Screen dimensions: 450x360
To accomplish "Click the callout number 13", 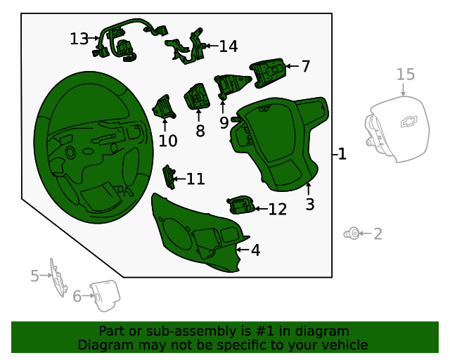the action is tap(79, 39).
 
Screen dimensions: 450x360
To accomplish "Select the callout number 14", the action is tap(229, 46).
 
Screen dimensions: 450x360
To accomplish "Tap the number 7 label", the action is tap(306, 66).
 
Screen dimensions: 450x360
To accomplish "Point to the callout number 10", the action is tap(168, 141).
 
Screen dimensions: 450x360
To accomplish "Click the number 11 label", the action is tap(195, 179).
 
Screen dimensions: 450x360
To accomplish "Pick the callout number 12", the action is tap(278, 210).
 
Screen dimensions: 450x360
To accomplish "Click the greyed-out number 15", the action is tap(406, 75).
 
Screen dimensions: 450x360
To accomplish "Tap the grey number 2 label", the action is tap(378, 234).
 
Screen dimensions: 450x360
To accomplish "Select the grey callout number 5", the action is tap(34, 276).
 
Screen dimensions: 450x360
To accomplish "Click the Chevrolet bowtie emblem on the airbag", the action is tap(409, 122).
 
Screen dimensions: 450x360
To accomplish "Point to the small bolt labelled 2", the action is tap(352, 233).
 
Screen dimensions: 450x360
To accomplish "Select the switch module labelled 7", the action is tap(268, 72).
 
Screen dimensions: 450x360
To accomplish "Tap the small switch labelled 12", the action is tap(241, 205).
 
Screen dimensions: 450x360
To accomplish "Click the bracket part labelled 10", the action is tap(164, 108).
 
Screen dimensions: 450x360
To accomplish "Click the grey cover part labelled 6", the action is tap(105, 296).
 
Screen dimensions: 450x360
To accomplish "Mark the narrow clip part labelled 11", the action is tap(169, 177).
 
